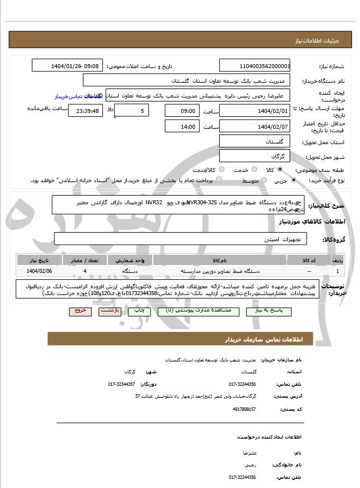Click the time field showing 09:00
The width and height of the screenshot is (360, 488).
tap(182, 111)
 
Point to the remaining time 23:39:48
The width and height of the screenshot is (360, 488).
tap(85, 111)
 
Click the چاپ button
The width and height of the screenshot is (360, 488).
tap(136, 311)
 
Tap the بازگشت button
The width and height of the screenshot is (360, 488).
tap(109, 311)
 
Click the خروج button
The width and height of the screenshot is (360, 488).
tap(79, 311)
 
